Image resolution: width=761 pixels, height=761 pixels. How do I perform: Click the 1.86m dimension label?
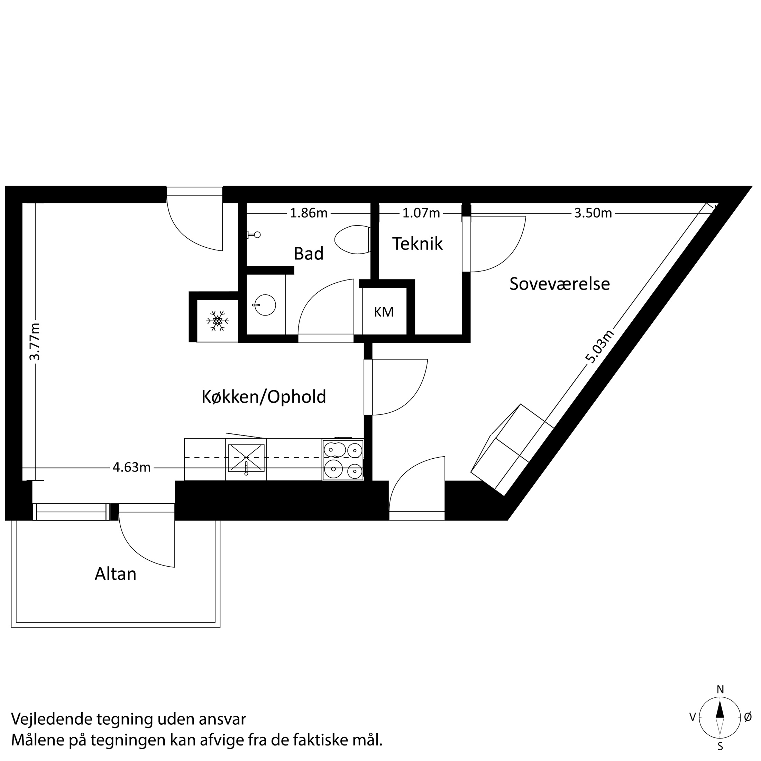coord(309,213)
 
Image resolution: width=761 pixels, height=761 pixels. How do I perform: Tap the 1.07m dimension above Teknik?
coord(421,213)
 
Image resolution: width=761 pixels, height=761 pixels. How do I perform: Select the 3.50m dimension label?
coord(593,213)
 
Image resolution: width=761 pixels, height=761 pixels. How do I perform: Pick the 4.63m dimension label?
coord(131,468)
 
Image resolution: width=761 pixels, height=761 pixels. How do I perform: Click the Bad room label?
coord(309,254)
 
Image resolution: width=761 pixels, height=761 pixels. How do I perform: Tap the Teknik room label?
coord(417,244)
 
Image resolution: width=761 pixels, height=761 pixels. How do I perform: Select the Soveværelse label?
coord(559,284)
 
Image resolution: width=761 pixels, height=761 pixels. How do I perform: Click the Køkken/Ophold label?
coord(264,397)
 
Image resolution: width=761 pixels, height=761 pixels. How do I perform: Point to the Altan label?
coord(116,574)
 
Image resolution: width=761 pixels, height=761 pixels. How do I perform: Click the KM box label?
coord(384,312)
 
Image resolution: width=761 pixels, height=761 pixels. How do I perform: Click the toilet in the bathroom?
coord(352,239)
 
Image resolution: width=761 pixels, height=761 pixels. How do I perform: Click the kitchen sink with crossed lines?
coord(246,457)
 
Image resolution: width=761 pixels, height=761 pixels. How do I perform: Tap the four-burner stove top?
coord(343,460)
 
